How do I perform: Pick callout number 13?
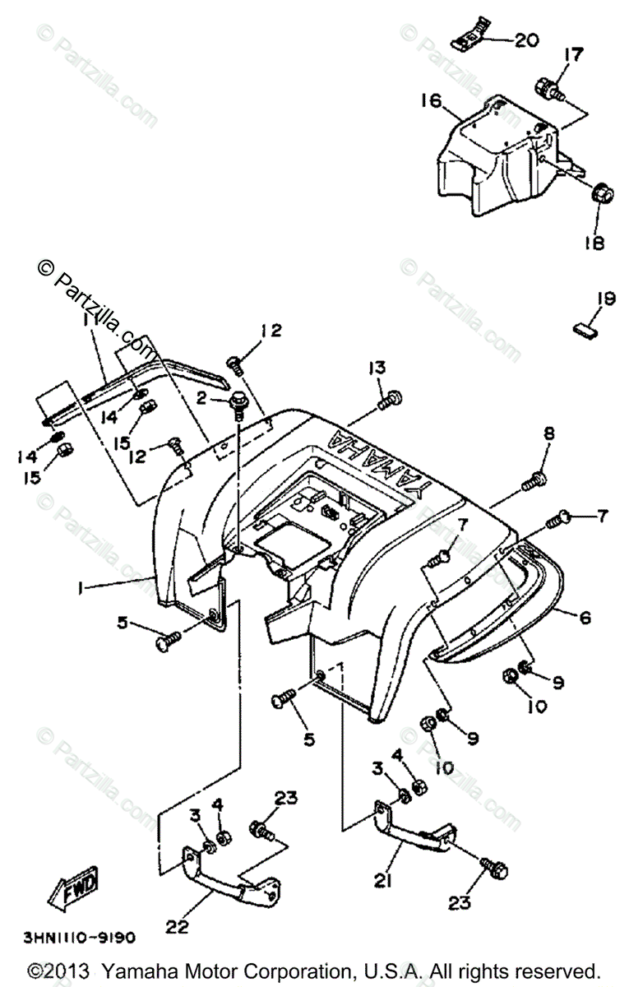click(x=377, y=368)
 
